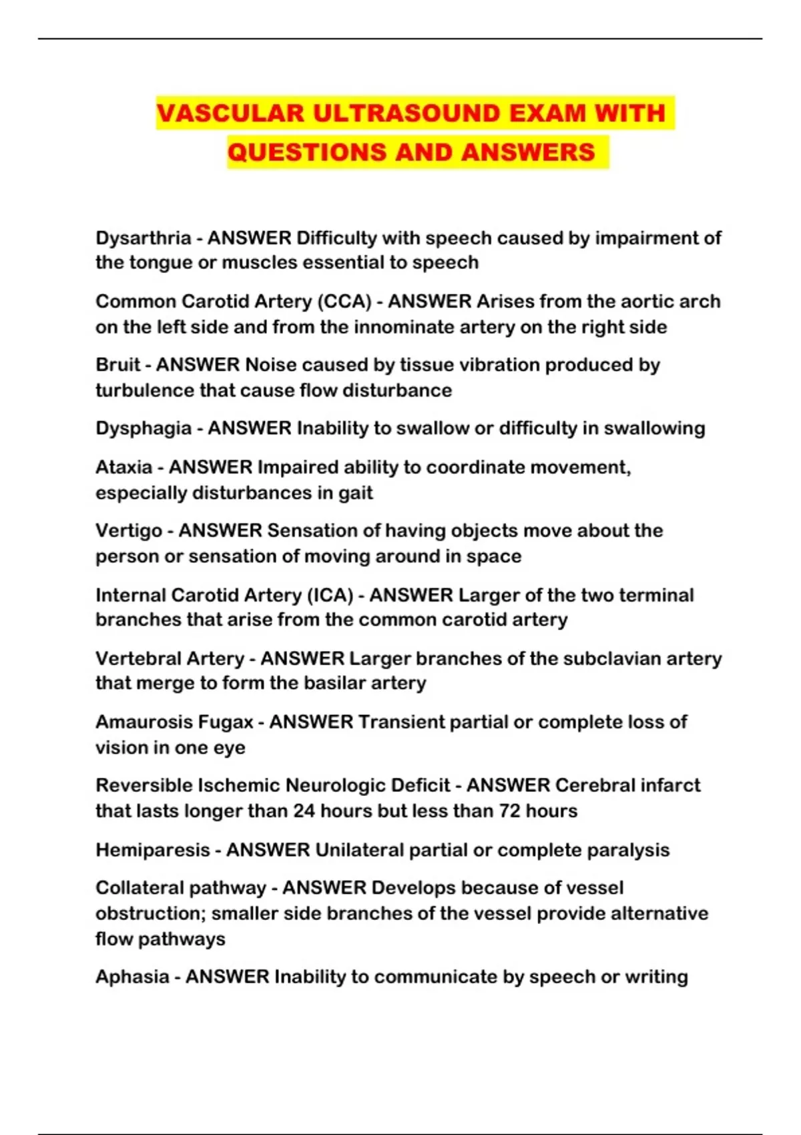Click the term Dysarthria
[x=144, y=238]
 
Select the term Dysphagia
[x=144, y=429]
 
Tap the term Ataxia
[x=123, y=467]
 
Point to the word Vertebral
[x=136, y=659]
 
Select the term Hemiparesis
[x=153, y=851]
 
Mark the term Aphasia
[x=131, y=977]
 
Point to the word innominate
[x=407, y=327]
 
